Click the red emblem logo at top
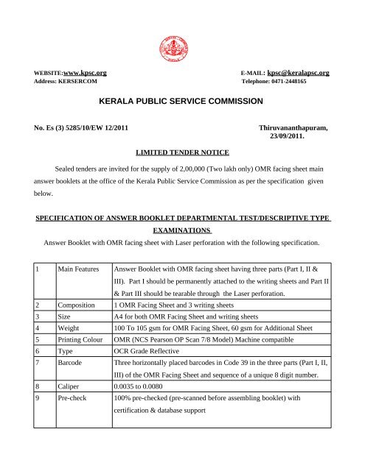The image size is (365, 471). point(183,46)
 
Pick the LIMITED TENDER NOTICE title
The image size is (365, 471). point(183,152)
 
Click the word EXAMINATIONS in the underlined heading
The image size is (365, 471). point(183,230)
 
